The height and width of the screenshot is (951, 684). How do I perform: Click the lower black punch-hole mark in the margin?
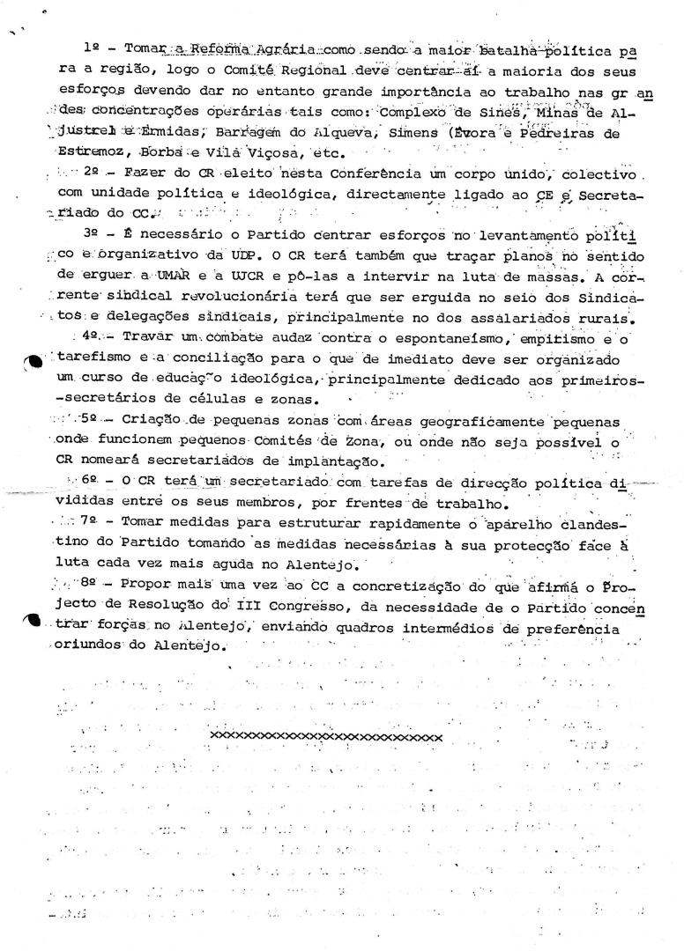pos(32,620)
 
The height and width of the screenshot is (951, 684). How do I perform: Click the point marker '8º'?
pos(88,585)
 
